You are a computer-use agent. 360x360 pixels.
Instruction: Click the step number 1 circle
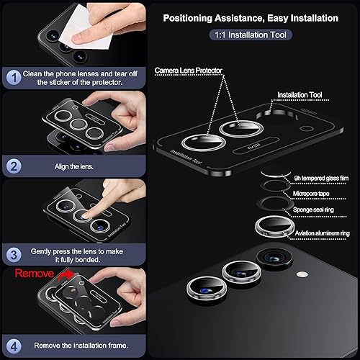[x=13, y=76]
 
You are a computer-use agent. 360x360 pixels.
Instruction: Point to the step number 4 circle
[x=13, y=342]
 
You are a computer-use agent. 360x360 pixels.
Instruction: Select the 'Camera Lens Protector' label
[x=189, y=70]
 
